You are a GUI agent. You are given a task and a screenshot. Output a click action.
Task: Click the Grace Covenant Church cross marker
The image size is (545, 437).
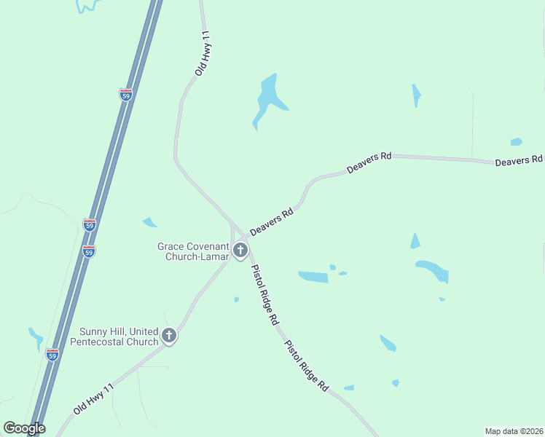click(x=241, y=251)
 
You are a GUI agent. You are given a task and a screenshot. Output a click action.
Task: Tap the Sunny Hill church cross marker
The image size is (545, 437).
click(x=169, y=336)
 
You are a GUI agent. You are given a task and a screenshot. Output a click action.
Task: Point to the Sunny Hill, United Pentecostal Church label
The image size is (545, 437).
click(x=115, y=336)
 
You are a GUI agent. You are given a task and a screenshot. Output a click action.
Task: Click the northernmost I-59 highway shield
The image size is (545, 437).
click(x=125, y=95)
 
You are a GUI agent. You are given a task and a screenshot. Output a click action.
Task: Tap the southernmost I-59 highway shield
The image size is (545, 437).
click(x=52, y=355)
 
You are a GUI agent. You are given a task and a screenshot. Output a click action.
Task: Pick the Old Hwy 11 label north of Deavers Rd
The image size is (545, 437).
click(x=203, y=54)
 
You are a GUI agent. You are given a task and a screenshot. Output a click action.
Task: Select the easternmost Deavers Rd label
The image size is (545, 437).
click(x=519, y=160)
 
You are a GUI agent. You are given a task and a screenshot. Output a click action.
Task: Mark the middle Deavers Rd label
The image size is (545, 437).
click(x=369, y=162)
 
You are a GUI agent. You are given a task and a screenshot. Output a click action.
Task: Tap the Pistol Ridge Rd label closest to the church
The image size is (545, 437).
click(x=264, y=294)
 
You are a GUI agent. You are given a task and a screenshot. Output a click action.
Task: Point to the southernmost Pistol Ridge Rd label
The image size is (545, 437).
click(x=306, y=367)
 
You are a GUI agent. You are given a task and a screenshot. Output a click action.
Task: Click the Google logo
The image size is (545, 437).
click(x=24, y=428)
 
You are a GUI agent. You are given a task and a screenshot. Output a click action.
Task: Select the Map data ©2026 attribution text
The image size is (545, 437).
click(x=514, y=431)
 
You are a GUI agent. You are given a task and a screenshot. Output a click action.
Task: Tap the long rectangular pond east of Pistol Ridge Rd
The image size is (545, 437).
click(x=313, y=276)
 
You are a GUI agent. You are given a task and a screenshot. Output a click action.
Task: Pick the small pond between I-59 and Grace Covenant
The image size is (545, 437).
click(x=150, y=222)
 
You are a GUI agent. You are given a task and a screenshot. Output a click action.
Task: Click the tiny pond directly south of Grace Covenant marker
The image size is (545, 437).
click(x=237, y=299)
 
